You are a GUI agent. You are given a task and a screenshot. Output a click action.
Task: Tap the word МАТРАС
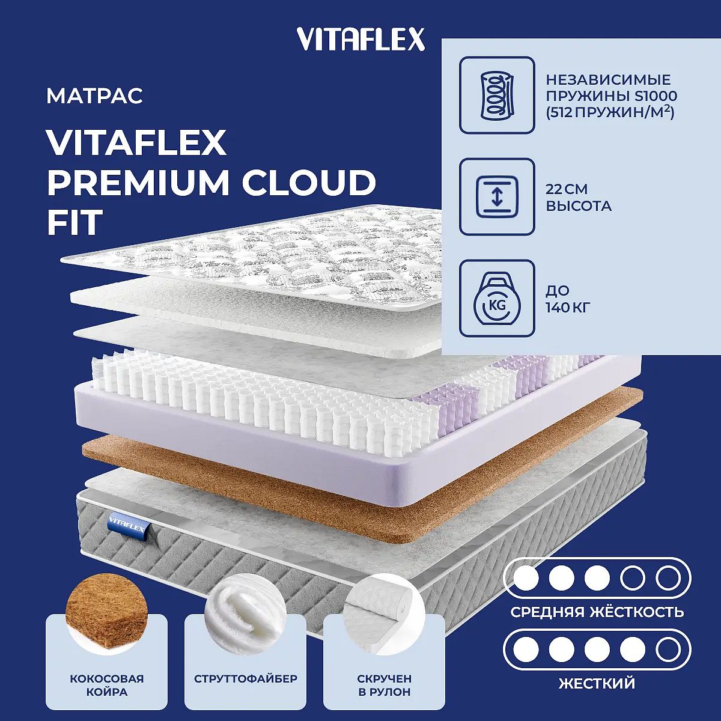pyautogui.click(x=95, y=96)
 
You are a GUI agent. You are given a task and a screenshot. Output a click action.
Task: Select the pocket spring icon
pyautogui.click(x=497, y=95)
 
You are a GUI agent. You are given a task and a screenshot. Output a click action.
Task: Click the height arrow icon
pyautogui.click(x=497, y=197)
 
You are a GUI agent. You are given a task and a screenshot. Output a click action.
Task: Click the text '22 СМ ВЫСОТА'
pyautogui.click(x=579, y=197)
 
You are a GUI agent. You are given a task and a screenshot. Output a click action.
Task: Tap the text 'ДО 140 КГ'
pyautogui.click(x=568, y=299)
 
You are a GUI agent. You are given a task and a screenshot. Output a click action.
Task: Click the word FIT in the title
pyautogui.click(x=75, y=222)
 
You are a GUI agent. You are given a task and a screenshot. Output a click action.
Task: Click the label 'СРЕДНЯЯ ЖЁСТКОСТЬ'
pyautogui.click(x=597, y=612)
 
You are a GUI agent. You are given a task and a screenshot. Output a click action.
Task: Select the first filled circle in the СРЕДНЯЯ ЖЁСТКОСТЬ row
pyautogui.click(x=526, y=578)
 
